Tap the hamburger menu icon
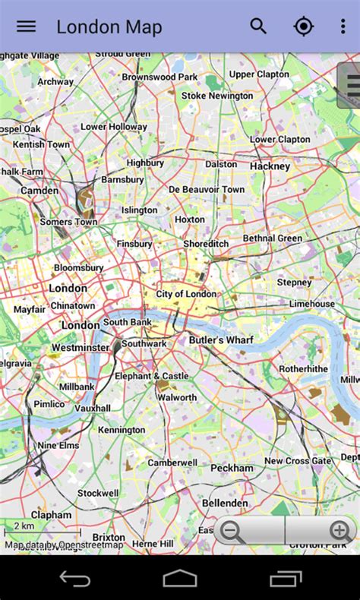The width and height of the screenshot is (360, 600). (26, 27)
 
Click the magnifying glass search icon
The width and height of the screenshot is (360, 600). (258, 27)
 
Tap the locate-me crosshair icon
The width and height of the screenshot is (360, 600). (303, 27)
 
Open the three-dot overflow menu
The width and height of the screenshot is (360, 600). (343, 27)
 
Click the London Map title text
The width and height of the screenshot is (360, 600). (109, 28)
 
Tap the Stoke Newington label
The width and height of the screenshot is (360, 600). (217, 96)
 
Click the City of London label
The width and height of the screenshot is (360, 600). (186, 294)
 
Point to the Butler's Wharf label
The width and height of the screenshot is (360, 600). (220, 340)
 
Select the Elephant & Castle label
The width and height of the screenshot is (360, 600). (151, 376)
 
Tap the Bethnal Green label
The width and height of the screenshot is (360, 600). (272, 238)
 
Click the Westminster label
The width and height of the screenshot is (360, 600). (81, 348)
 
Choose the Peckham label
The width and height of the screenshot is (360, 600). (232, 469)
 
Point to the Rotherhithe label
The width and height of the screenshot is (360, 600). (303, 368)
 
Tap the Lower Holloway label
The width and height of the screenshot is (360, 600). (114, 127)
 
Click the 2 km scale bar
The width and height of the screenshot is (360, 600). (43, 530)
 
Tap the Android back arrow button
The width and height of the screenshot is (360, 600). (75, 579)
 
